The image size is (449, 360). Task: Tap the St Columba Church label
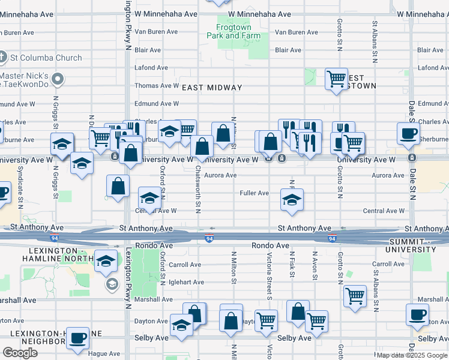click(45, 58)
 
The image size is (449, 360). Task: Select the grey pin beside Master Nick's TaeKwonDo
click(58, 79)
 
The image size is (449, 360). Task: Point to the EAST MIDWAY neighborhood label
click(212, 88)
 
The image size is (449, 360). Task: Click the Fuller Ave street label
click(255, 193)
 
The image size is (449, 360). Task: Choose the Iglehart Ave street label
click(185, 281)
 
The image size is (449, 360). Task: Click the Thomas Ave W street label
click(157, 86)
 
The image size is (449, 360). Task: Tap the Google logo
click(20, 353)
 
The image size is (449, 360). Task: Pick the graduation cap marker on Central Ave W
click(150, 197)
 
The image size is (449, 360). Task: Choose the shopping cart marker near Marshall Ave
click(355, 295)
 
